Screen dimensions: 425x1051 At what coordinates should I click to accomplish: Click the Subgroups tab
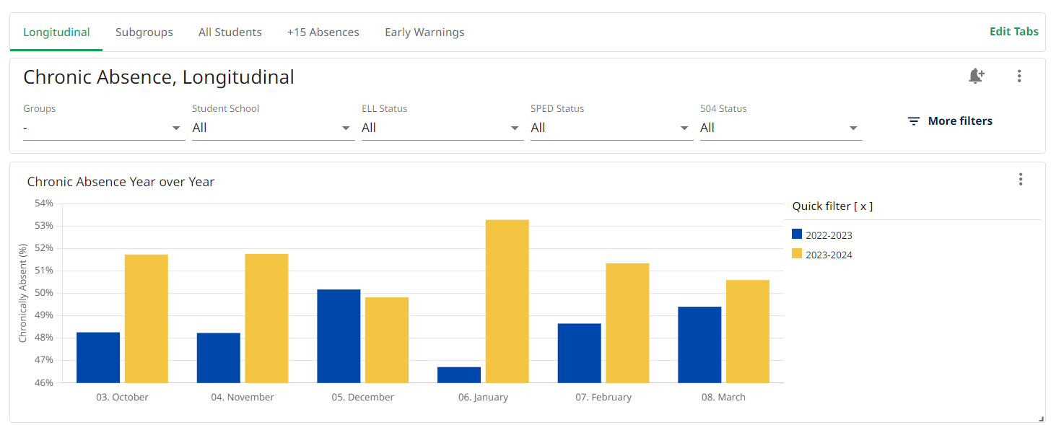click(144, 32)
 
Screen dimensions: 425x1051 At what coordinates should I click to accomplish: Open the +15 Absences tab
click(323, 32)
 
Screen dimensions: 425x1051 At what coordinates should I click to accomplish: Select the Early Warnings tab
click(424, 32)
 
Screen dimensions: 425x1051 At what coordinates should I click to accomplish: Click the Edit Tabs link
click(1013, 32)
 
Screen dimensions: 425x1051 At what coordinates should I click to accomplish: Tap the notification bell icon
click(976, 76)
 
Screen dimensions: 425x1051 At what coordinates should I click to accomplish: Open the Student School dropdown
click(273, 128)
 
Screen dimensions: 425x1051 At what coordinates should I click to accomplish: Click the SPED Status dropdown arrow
click(684, 128)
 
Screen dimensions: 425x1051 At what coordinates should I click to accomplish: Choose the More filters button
click(950, 121)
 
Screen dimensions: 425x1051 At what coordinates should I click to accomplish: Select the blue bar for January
click(459, 374)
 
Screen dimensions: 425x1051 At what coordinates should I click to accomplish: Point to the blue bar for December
click(339, 336)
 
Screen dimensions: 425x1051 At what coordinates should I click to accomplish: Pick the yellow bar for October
click(147, 318)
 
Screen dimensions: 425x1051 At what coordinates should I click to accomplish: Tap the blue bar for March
click(699, 344)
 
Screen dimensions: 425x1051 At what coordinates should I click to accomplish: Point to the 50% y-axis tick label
click(43, 293)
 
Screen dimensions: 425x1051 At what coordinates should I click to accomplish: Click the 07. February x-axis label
click(603, 398)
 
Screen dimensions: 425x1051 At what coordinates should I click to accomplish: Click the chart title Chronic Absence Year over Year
click(121, 182)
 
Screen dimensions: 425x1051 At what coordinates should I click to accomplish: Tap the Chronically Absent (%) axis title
click(22, 293)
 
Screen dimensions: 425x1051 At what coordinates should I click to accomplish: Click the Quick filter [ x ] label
click(832, 206)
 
